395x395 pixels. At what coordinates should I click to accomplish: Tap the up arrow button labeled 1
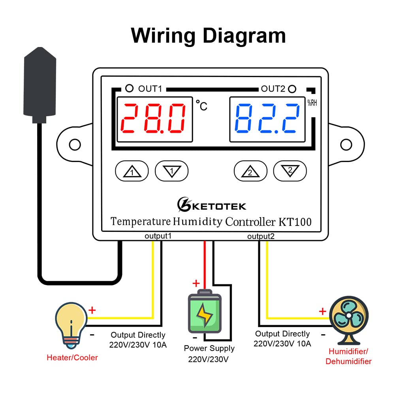click(x=132, y=171)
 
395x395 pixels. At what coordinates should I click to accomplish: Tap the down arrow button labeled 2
click(x=290, y=171)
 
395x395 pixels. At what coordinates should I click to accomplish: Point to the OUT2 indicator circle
click(x=292, y=88)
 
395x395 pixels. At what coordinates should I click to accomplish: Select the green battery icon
click(x=204, y=312)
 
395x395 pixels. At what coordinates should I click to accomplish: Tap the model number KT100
click(x=295, y=222)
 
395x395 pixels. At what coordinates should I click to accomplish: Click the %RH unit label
click(x=312, y=103)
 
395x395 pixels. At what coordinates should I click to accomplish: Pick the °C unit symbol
click(x=201, y=105)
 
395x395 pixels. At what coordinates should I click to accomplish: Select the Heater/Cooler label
click(x=72, y=357)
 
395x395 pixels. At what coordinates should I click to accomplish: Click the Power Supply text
click(x=209, y=348)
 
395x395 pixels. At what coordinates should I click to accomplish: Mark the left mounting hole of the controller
click(x=75, y=145)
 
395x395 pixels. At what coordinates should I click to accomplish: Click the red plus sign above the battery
click(x=196, y=283)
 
